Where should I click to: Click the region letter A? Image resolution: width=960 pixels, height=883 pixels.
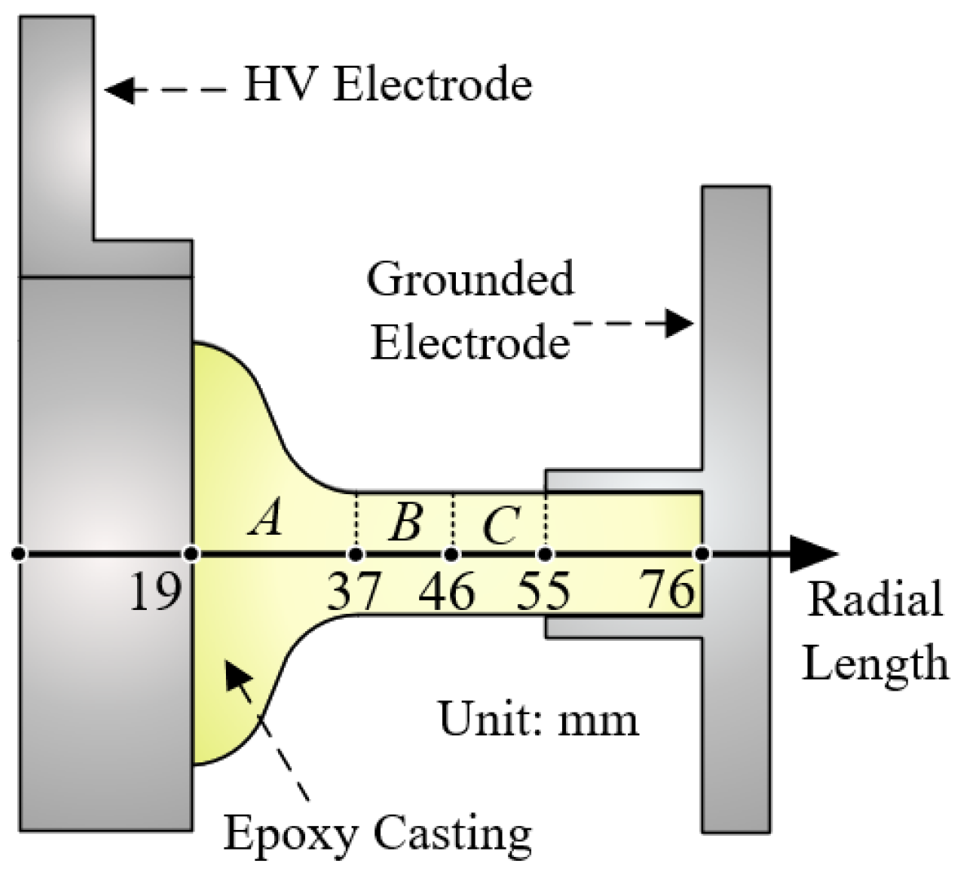(x=267, y=518)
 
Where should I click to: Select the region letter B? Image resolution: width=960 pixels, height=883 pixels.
(x=405, y=522)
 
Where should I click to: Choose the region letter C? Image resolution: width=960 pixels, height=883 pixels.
(x=500, y=526)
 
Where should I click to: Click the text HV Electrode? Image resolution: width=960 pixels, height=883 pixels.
(x=387, y=85)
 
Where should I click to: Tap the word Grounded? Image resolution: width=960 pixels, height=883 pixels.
(x=471, y=280)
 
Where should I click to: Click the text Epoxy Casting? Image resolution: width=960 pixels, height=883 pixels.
(x=378, y=833)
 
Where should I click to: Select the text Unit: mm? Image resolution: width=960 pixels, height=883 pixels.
(x=538, y=718)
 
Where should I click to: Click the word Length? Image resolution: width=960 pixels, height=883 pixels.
(x=875, y=662)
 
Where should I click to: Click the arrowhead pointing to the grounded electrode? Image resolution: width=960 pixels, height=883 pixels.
(x=679, y=323)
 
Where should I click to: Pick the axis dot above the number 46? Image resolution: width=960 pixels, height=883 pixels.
(x=451, y=554)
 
